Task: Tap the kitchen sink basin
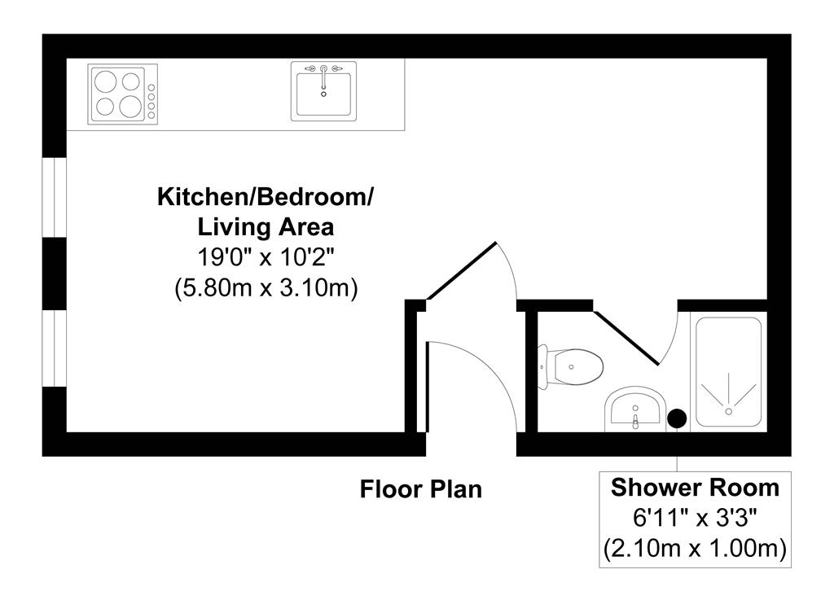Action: pos(324,94)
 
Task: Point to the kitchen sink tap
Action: pos(323,71)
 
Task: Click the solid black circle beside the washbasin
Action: pos(676,418)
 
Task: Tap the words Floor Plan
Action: pos(421,489)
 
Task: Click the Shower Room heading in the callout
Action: pos(695,488)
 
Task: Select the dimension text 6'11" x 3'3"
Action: pos(695,518)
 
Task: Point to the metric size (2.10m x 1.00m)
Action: pos(695,548)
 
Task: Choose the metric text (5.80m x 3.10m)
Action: pos(266,288)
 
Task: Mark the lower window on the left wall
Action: pos(54,348)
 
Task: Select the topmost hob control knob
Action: pos(152,87)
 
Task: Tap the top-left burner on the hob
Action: pos(107,81)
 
